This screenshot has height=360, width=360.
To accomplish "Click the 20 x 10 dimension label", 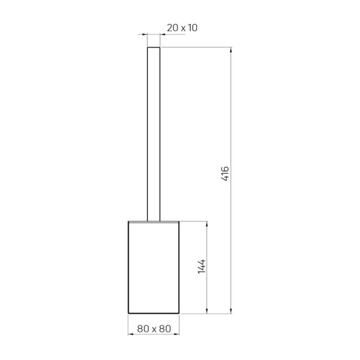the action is tap(182, 28).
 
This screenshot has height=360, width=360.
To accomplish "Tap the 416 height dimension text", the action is tap(225, 174).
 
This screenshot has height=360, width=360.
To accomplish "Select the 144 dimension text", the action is tap(202, 266).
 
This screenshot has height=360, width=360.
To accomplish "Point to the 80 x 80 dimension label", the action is tap(154, 329).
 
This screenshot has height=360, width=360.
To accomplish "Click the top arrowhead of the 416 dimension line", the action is tap(231, 50).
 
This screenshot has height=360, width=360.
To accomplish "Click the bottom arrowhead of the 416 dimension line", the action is tap(231, 310).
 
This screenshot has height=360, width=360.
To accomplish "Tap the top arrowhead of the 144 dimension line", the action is tap(207, 224).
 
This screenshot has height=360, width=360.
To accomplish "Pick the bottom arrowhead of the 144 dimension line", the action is tap(207, 310).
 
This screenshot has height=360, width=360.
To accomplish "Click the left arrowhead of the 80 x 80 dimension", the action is tap(131, 334).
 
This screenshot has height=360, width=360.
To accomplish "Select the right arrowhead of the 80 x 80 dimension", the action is tap(176, 334).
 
